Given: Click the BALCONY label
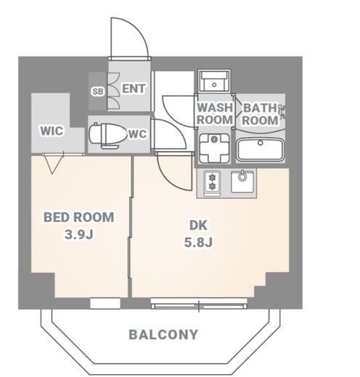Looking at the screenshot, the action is click(163, 335).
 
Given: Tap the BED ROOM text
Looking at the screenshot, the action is click(79, 217).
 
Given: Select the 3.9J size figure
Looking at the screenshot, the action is click(79, 234).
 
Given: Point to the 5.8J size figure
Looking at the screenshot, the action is click(198, 242).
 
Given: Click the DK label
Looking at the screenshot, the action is click(198, 225).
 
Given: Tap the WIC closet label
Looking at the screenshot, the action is click(52, 130).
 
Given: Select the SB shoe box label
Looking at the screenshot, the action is click(98, 91).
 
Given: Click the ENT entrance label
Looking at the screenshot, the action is click(134, 88).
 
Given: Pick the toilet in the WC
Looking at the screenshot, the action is click(108, 136).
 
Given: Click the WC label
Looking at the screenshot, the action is click(138, 134).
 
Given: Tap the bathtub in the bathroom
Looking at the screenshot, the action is click(260, 149).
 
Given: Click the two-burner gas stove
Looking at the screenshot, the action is click(212, 183).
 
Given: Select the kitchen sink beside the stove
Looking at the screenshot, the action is click(242, 181).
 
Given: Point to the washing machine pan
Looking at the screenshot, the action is click(214, 148).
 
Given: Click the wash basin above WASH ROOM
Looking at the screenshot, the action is click(214, 81).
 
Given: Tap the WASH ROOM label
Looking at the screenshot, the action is click(215, 114).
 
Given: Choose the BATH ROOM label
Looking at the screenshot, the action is click(260, 114).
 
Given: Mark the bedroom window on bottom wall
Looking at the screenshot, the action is click(105, 303).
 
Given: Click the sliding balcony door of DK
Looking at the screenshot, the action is click(199, 304).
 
